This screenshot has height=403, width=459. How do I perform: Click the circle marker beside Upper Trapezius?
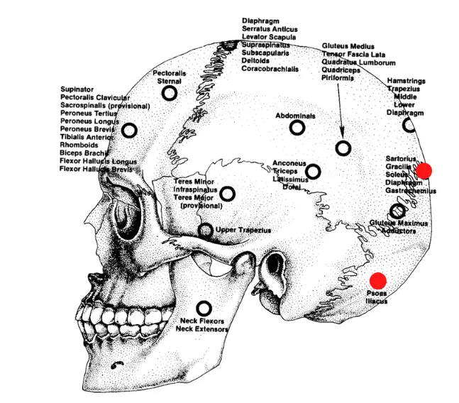point(205,230)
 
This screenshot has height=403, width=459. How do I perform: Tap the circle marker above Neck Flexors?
point(204,308)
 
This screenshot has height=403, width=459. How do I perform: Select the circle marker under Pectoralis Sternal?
point(169,94)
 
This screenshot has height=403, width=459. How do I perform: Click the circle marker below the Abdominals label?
point(297,128)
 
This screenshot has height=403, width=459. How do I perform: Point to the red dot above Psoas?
point(377,280)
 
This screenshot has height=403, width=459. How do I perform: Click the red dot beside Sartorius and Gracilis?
point(424,170)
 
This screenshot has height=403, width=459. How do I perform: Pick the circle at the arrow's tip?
point(343,148)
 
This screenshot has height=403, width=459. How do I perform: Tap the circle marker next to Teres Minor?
point(228,193)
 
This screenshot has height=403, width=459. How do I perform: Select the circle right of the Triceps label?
point(313,171)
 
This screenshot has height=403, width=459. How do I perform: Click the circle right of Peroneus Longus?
point(129,131)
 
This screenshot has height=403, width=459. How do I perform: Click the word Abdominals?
point(296,115)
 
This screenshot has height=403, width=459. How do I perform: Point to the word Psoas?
point(377,293)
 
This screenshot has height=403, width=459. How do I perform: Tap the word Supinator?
point(78,89)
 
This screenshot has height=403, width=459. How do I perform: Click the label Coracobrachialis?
point(270,69)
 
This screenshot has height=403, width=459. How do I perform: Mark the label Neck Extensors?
point(202,329)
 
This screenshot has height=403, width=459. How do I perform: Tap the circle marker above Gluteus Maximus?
point(398,211)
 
